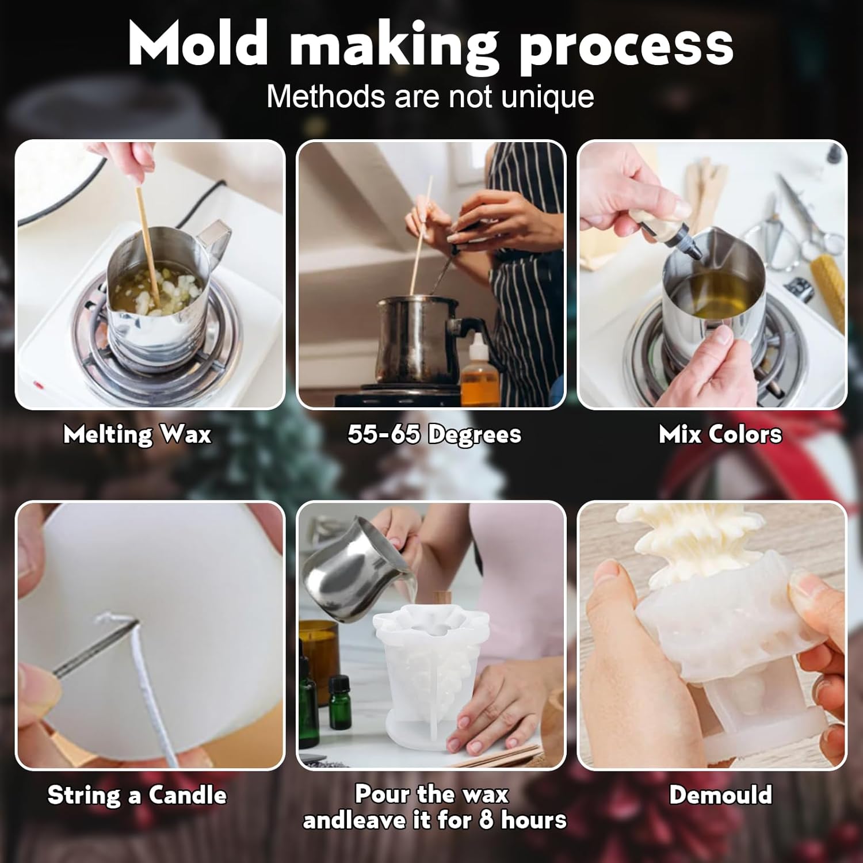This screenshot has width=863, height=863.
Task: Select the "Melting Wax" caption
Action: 138,434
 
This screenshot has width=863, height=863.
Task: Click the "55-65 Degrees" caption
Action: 434,434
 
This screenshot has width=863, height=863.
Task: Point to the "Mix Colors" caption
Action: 720,434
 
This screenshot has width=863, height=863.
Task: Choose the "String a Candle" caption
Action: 137,795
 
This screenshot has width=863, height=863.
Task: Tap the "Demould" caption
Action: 720,795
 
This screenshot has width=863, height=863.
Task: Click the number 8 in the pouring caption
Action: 486,820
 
